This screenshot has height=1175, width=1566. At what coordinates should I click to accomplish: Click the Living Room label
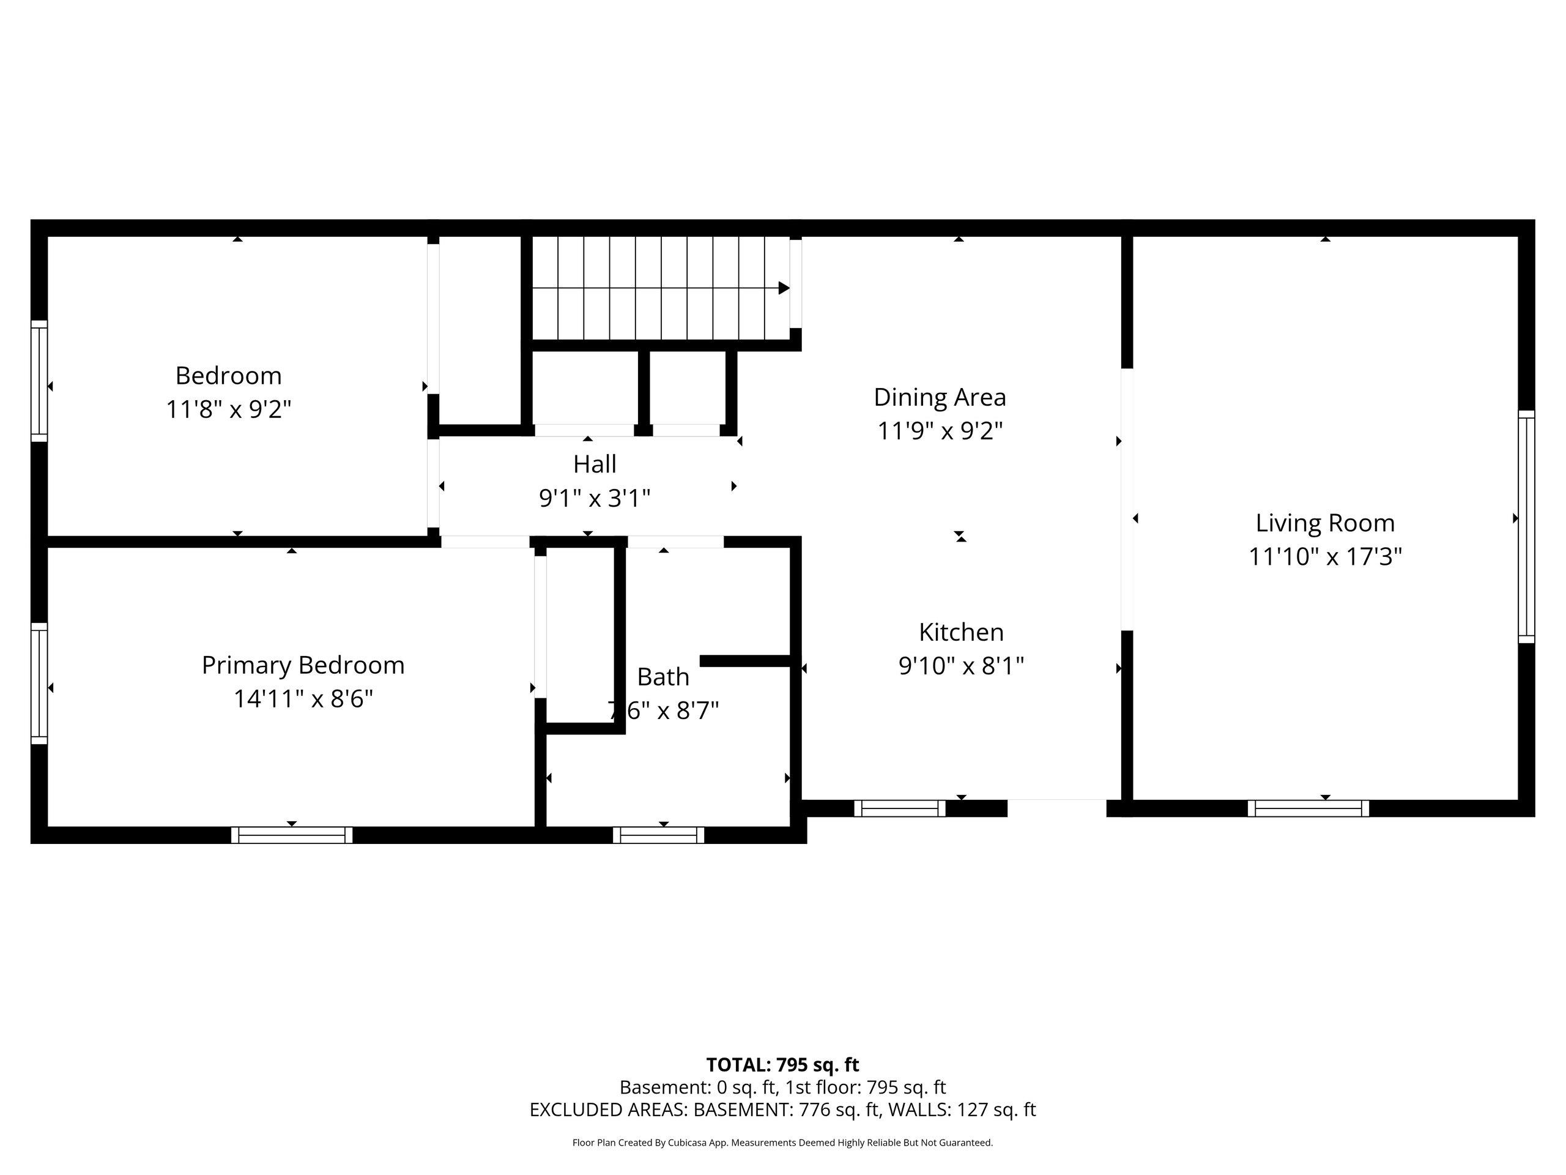coord(1324,523)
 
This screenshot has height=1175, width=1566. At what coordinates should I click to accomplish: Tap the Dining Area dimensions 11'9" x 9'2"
coord(940,431)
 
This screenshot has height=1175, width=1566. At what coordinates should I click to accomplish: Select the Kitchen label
coord(960,632)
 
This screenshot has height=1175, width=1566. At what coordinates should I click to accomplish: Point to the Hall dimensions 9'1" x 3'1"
coord(595,498)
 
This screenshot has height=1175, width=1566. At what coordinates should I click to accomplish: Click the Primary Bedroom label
coord(303,665)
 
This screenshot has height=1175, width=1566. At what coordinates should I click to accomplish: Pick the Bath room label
coord(662,676)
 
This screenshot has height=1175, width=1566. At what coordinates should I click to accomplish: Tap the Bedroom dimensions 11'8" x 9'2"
coord(229,409)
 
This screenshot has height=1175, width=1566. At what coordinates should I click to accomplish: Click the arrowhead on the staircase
coord(784,288)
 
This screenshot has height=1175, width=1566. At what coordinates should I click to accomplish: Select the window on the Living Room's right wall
coord(1526,526)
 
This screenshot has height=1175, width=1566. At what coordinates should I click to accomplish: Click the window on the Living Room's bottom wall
coord(1308,808)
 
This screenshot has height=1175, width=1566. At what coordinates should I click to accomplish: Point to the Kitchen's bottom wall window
coord(899,808)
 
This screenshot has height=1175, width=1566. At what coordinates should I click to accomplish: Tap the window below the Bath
coord(658,835)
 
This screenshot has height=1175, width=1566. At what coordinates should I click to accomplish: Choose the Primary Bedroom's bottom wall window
coord(292,835)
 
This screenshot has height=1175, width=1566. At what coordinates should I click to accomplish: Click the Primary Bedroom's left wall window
coord(39,684)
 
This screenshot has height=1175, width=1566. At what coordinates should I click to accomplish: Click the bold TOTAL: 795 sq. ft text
coord(782,1064)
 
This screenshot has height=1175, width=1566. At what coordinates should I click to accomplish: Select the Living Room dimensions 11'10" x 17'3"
coord(1324,557)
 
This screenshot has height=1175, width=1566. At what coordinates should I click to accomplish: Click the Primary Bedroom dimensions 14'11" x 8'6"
coord(303,699)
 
